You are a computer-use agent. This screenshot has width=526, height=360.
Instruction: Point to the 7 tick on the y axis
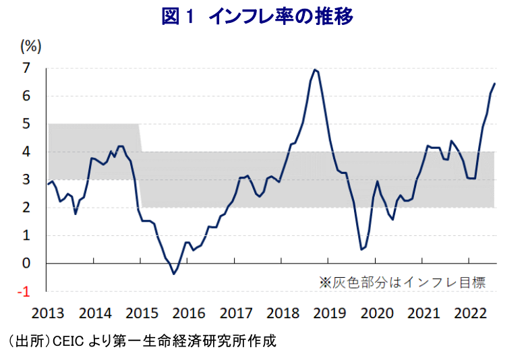point(27,68)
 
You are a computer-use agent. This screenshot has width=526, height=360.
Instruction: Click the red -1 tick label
point(24,291)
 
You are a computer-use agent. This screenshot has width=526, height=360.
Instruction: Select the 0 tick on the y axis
point(27,264)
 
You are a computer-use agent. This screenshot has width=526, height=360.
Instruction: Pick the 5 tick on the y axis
point(27,124)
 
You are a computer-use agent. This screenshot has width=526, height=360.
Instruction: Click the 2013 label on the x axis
point(48,313)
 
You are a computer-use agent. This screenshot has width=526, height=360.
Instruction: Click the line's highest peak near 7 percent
point(315,69)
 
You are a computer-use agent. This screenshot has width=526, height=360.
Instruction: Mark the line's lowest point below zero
point(173,274)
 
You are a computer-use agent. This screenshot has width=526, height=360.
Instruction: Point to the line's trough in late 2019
point(361,249)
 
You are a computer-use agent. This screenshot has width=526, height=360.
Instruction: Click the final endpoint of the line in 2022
point(494,84)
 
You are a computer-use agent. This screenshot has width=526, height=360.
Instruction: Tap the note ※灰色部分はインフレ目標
point(402,282)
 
